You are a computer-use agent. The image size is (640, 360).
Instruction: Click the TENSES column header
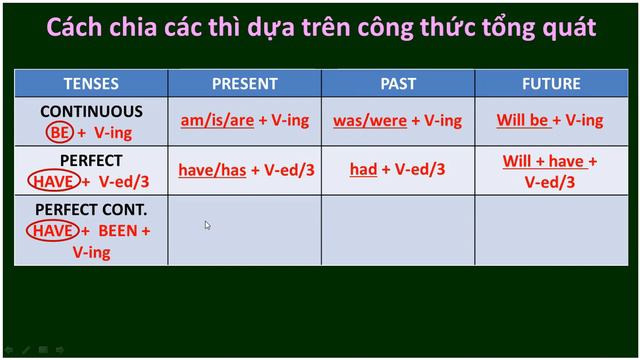[x=91, y=83]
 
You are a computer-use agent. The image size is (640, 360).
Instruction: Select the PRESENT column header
[x=244, y=83]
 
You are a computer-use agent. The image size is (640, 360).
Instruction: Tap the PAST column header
[x=398, y=83]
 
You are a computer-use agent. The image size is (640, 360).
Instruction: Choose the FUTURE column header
[x=550, y=83]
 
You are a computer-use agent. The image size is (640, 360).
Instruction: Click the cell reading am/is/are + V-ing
[x=245, y=121]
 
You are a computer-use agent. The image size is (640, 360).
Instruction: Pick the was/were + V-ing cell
[x=397, y=121]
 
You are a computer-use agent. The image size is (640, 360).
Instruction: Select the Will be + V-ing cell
[x=550, y=121]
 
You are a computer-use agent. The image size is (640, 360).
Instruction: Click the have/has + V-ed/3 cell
[x=246, y=170]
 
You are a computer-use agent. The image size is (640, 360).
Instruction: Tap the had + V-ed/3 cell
[x=397, y=170]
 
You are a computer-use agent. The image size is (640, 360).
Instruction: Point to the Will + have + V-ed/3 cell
[x=550, y=171]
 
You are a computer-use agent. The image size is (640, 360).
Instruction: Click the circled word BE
[x=58, y=131]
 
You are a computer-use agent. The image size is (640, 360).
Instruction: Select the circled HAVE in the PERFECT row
[x=53, y=180]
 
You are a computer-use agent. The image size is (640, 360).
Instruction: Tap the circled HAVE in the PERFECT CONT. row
[x=53, y=231]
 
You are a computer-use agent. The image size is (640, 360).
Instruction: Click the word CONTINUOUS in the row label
[x=91, y=112]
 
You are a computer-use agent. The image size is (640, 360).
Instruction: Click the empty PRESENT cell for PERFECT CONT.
[x=245, y=231]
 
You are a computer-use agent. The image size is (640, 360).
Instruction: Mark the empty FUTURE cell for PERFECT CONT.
[x=550, y=231]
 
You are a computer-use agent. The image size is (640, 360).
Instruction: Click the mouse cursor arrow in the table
[x=207, y=225]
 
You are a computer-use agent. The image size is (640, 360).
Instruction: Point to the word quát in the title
[x=570, y=28]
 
